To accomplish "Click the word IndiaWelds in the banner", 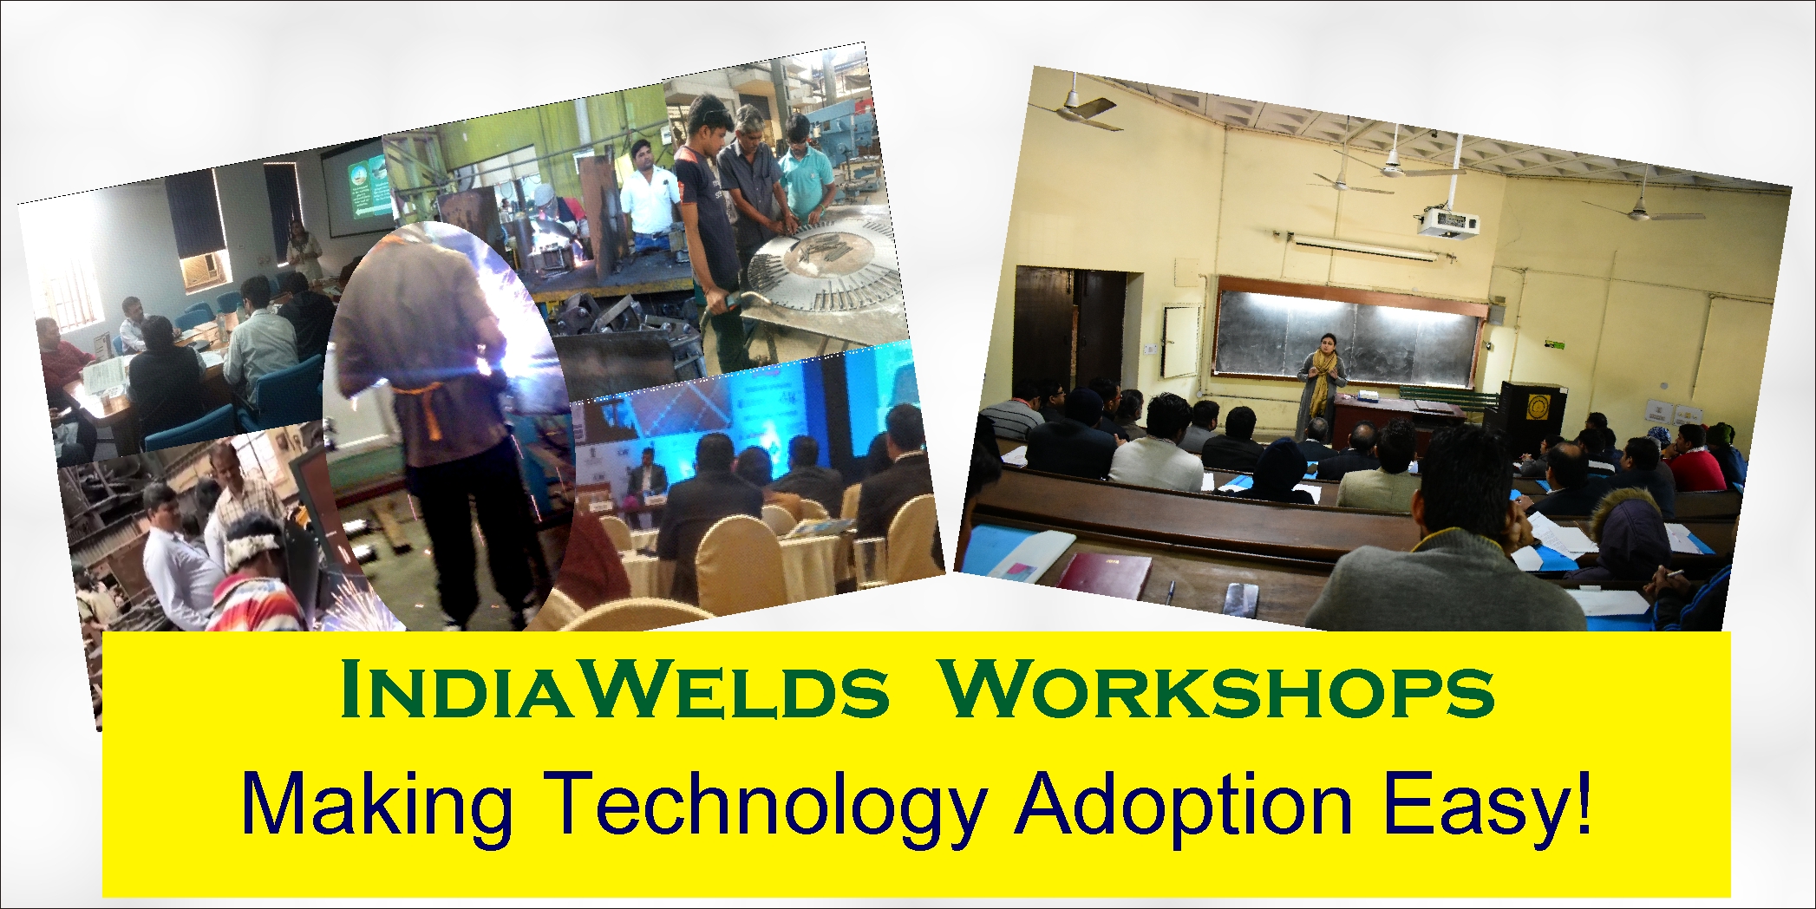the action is pos(616,691).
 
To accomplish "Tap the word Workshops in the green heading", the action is pos(1218,691).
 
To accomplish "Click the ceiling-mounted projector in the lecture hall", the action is pos(1447,223).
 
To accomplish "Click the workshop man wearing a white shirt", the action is pos(645,195).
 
